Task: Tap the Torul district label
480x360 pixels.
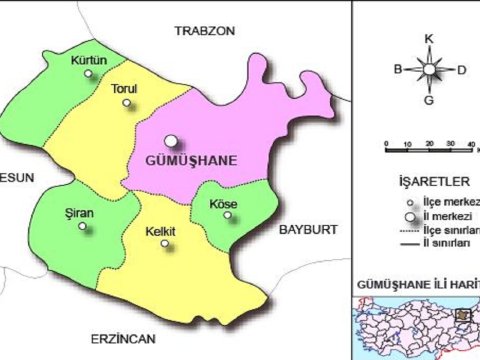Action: [124, 88]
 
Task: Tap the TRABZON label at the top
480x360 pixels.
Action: [204, 31]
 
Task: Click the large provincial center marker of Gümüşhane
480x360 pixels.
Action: [172, 141]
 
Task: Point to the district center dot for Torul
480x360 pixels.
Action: [125, 101]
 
